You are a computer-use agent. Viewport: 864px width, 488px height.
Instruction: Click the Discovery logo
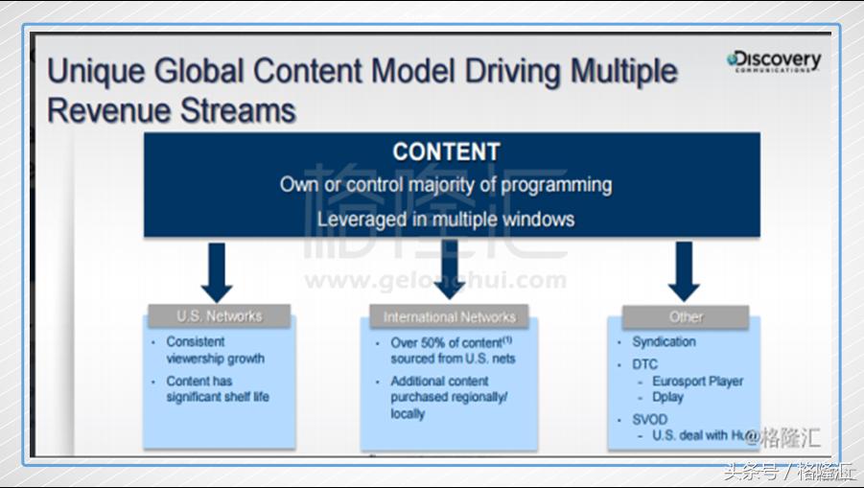(x=774, y=62)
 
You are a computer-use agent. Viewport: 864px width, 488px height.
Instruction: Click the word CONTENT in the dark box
(x=447, y=152)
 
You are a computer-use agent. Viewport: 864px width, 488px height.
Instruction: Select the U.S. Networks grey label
(x=220, y=315)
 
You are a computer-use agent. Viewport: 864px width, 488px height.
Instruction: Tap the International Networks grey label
(x=449, y=316)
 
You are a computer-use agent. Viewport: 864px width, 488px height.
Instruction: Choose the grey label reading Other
(x=686, y=316)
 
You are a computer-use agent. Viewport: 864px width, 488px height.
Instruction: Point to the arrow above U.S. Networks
(x=217, y=271)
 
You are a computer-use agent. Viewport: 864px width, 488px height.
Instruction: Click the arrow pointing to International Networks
(x=447, y=271)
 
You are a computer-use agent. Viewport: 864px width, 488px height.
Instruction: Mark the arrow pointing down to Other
(x=684, y=271)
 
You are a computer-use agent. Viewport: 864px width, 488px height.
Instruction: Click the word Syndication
(x=664, y=342)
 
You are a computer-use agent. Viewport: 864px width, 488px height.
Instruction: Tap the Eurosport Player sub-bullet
(x=698, y=381)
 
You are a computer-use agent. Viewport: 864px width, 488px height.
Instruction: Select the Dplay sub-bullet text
(x=668, y=397)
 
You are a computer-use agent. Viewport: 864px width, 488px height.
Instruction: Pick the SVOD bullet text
(x=650, y=419)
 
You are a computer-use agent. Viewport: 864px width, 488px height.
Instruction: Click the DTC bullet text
(x=645, y=364)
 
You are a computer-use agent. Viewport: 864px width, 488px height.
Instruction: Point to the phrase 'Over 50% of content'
(x=447, y=342)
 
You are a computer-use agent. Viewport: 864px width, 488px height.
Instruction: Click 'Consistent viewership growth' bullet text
(x=215, y=350)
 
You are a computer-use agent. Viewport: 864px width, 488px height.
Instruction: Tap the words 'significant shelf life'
(x=218, y=397)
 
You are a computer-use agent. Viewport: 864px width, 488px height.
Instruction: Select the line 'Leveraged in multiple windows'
(x=446, y=220)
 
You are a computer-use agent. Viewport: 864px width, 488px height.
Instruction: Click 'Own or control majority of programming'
(x=446, y=184)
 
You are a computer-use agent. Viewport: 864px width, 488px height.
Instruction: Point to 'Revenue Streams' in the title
(x=172, y=110)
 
